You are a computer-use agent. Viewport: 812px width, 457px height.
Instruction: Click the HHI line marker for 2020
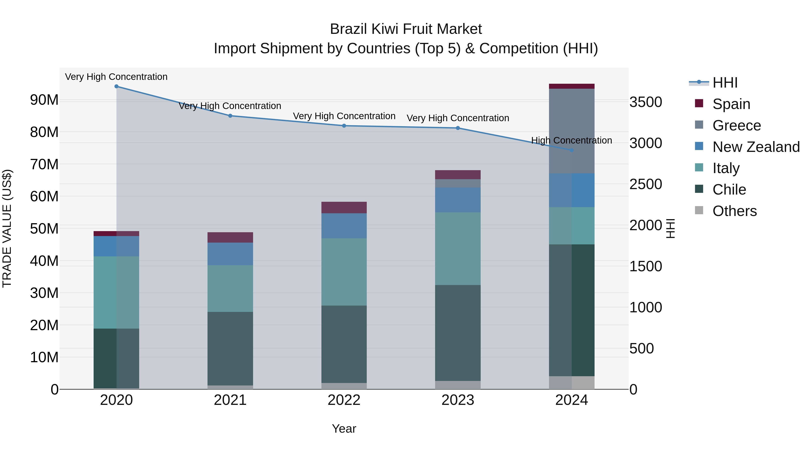click(x=116, y=86)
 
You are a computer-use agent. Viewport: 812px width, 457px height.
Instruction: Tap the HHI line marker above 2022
click(x=344, y=126)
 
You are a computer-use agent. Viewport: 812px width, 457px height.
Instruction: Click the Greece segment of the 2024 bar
click(x=572, y=131)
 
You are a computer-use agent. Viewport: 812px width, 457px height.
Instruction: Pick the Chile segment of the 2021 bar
click(x=230, y=348)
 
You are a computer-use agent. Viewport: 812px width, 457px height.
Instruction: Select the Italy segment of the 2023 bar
click(x=458, y=248)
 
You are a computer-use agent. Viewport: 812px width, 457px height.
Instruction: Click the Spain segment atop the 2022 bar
click(x=344, y=208)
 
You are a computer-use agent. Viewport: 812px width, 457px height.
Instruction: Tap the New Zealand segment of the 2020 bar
click(x=116, y=246)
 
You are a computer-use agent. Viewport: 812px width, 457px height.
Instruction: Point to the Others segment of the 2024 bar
click(x=572, y=383)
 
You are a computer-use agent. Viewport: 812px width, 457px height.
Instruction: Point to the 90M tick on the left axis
click(x=44, y=100)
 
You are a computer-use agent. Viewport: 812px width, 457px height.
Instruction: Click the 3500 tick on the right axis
click(x=646, y=102)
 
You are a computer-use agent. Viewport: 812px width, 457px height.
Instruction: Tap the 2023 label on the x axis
click(x=458, y=400)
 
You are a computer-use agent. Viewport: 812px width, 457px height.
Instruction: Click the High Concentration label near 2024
click(x=572, y=140)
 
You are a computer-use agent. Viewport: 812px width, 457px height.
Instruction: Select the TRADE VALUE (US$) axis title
click(x=7, y=228)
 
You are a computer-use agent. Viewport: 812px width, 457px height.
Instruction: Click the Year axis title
click(x=344, y=429)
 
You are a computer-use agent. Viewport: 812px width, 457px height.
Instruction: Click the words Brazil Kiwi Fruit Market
click(x=406, y=29)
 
